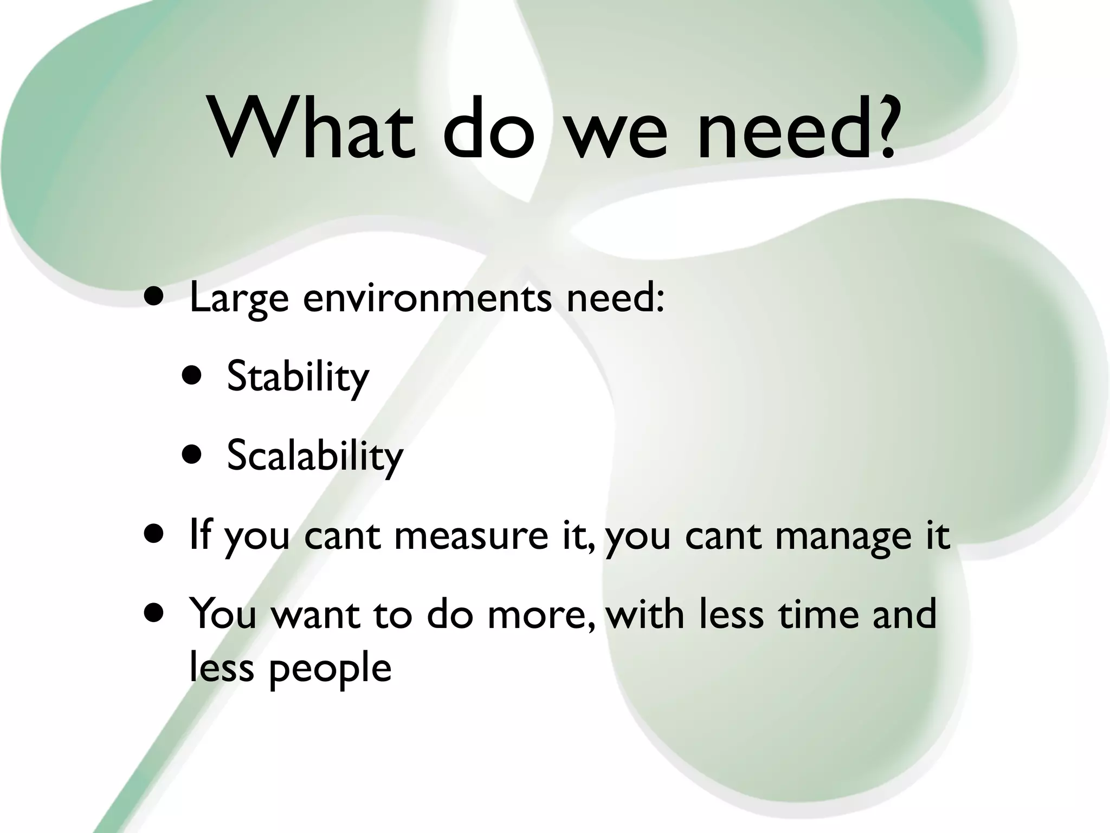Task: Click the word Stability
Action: pyautogui.click(x=298, y=376)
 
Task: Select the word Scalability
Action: pyautogui.click(x=315, y=455)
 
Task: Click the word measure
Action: pyautogui.click(x=471, y=536)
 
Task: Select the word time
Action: pyautogui.click(x=818, y=614)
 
